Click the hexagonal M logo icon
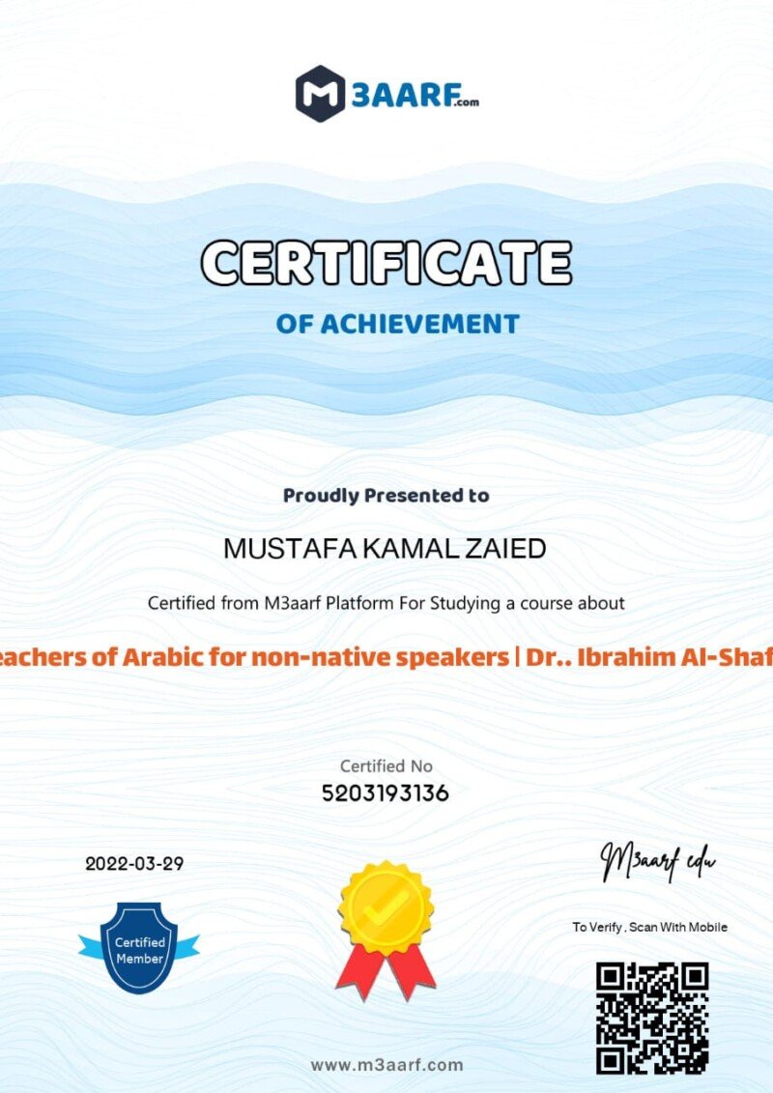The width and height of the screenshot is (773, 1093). tap(320, 94)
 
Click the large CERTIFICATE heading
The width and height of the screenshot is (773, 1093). tap(386, 262)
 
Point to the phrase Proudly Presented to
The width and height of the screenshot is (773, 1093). tap(386, 496)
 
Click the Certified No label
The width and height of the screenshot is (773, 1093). tap(386, 765)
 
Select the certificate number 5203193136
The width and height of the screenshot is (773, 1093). tap(386, 793)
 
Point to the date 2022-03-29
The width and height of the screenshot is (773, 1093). tap(134, 864)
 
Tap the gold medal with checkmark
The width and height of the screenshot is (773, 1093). tap(386, 906)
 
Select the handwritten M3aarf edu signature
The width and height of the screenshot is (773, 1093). tap(658, 859)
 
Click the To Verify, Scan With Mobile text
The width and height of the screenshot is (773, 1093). tap(649, 928)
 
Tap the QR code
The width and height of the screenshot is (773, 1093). tap(651, 1018)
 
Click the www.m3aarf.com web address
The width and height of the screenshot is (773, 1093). tap(386, 1065)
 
